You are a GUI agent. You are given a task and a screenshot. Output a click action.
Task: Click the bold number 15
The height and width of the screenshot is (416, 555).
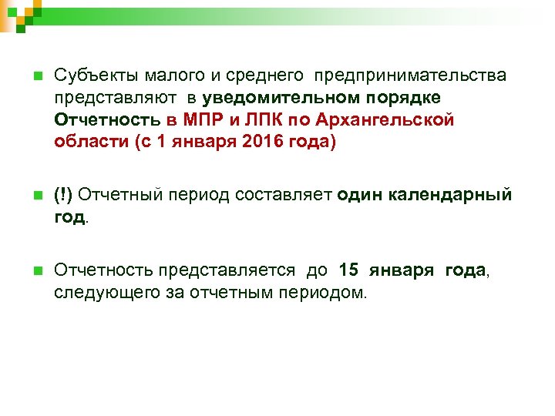[x=348, y=270]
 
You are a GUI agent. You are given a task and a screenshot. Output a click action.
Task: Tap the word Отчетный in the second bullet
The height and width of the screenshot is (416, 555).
[x=119, y=195]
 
